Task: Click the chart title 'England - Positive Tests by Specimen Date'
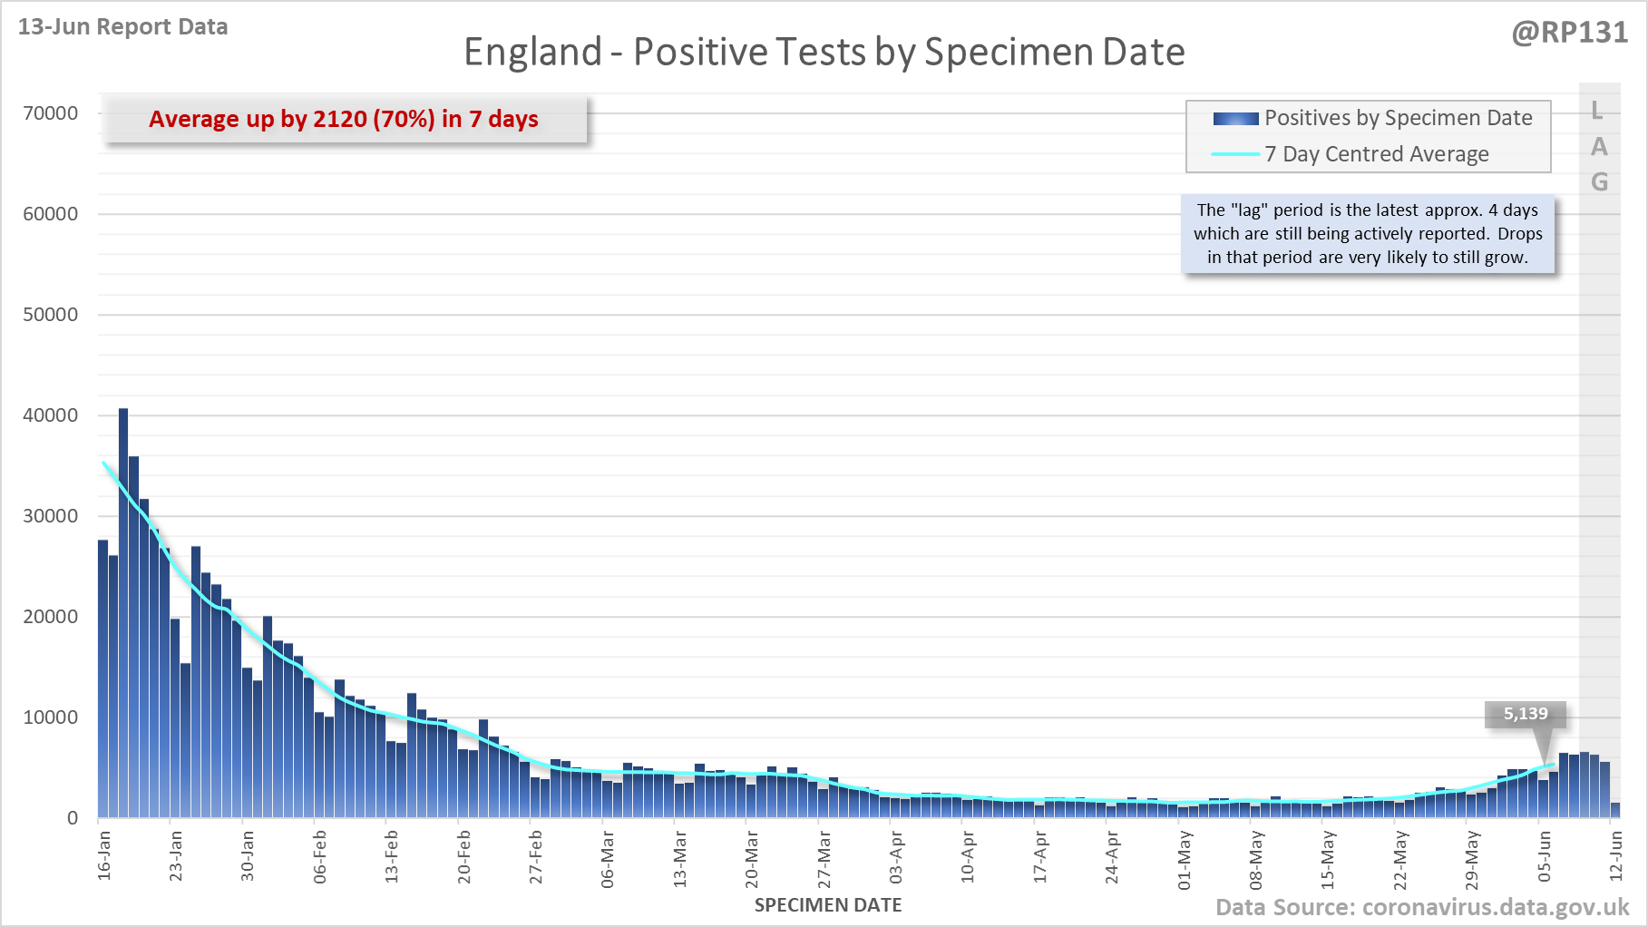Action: (824, 53)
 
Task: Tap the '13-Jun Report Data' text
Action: (122, 27)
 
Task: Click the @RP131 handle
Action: (1569, 33)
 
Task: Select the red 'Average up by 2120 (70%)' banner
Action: (344, 120)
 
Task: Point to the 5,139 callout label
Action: (1526, 714)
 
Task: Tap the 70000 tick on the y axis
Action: (51, 113)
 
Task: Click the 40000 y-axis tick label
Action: (51, 415)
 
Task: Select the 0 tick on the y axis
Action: (73, 818)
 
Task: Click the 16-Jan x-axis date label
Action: (104, 854)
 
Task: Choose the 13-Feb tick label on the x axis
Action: (392, 855)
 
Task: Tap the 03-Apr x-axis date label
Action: (896, 856)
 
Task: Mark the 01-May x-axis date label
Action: (1185, 857)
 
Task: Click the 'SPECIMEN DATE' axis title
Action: (828, 905)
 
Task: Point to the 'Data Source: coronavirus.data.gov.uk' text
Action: (1422, 908)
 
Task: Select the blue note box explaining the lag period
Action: (1368, 234)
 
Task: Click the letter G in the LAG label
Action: (1600, 182)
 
